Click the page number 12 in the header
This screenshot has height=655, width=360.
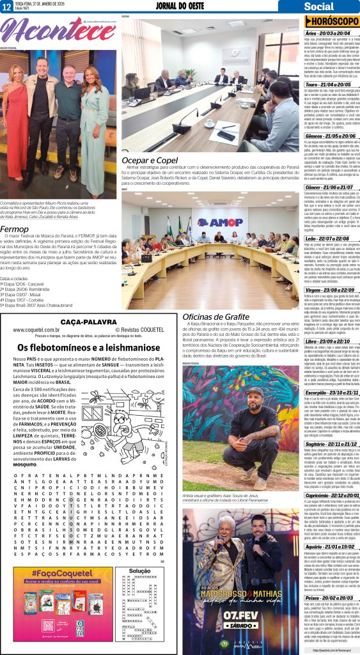tap(6, 6)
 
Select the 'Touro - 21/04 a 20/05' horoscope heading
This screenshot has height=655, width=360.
tap(329, 84)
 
